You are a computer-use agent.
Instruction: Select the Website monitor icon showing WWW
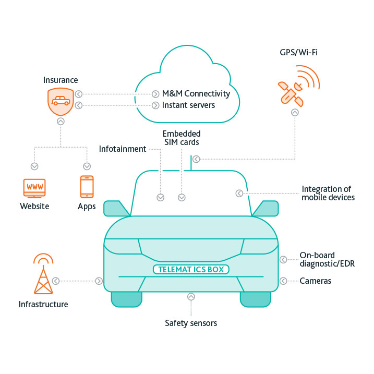[x=34, y=187]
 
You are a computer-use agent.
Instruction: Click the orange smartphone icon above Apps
[x=87, y=186]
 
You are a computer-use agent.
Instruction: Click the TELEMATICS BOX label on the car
[x=191, y=269]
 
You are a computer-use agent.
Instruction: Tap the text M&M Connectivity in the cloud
[x=196, y=94]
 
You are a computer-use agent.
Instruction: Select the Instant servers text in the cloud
[x=188, y=105]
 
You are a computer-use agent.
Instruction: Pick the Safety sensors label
[x=191, y=323]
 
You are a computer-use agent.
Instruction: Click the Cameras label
[x=315, y=281]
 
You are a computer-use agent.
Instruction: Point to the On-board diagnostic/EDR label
[x=327, y=259]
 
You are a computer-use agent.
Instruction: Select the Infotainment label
[x=123, y=149]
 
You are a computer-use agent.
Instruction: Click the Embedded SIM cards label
[x=182, y=138]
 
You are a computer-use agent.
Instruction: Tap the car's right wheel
[x=255, y=298]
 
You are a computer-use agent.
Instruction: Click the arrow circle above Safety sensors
[x=191, y=297]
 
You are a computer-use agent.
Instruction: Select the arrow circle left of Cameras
[x=283, y=281]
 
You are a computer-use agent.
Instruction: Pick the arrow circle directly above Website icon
[x=34, y=166]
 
